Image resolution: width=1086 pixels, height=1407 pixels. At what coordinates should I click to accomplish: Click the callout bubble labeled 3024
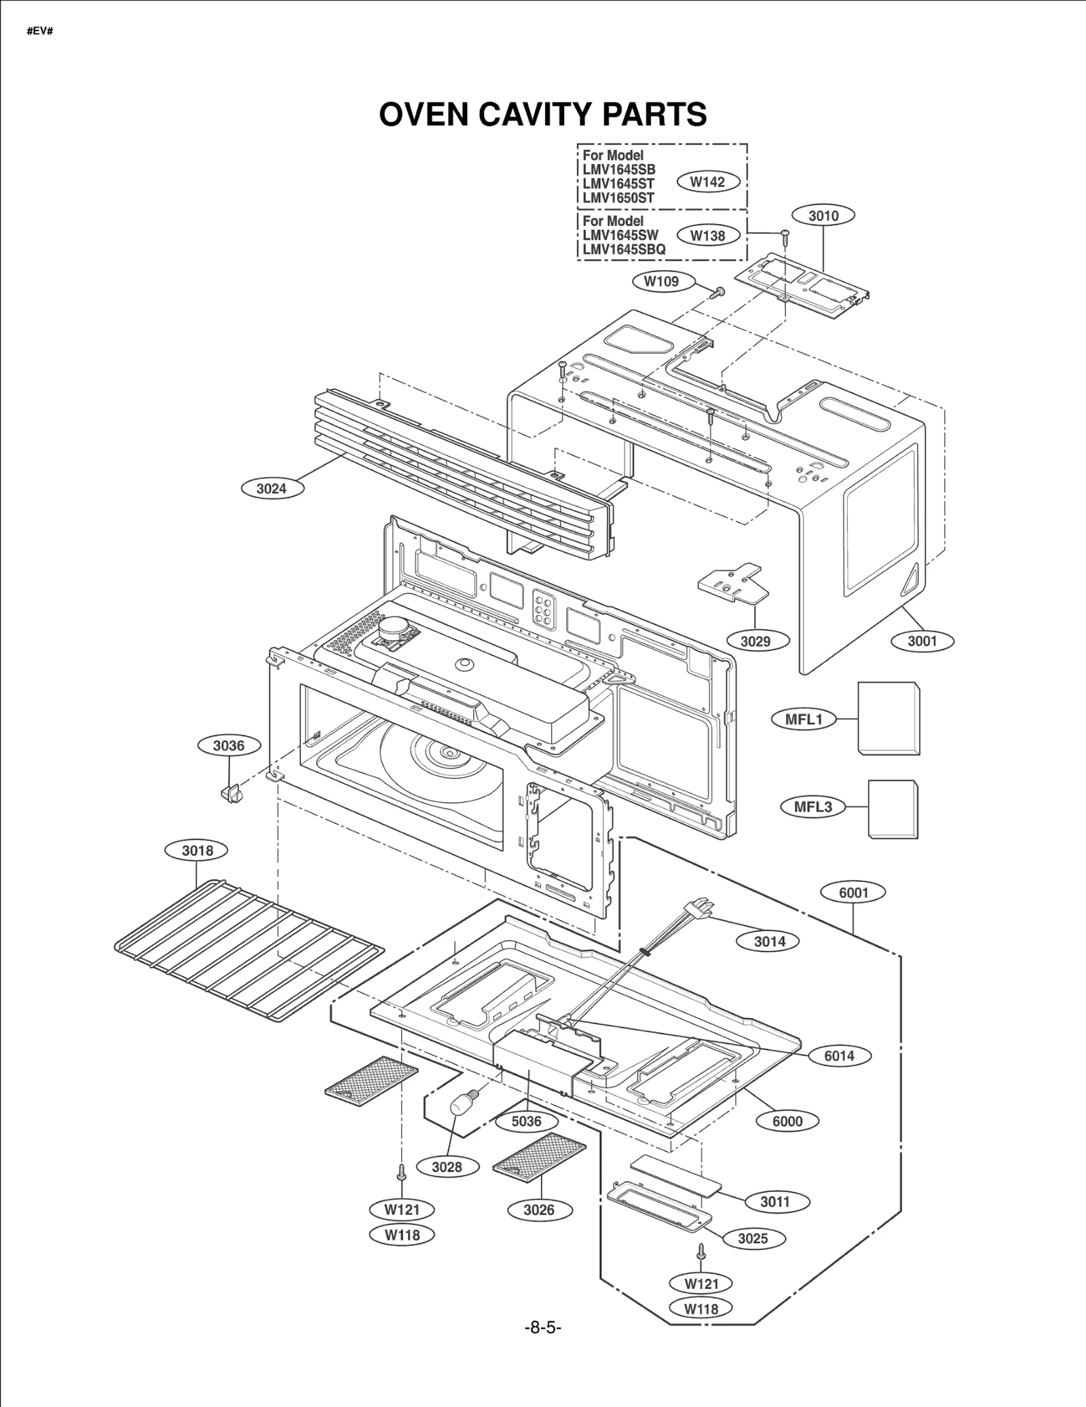(x=272, y=488)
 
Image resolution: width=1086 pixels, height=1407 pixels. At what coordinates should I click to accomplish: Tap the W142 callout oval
(x=708, y=182)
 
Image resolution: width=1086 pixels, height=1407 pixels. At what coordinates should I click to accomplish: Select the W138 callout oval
(x=708, y=236)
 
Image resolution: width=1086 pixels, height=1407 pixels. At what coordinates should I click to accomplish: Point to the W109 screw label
(x=661, y=281)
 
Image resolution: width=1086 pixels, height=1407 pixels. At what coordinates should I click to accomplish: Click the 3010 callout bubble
(x=823, y=216)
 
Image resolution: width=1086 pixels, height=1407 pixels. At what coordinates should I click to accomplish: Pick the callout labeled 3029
(x=755, y=641)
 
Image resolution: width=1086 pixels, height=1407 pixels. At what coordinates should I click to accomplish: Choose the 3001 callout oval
(x=922, y=641)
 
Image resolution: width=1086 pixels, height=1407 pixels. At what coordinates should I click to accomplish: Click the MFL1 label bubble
(x=804, y=719)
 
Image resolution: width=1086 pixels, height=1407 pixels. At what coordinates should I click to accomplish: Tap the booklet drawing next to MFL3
(x=893, y=808)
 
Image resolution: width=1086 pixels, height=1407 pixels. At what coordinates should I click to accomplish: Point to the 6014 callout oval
(x=839, y=1055)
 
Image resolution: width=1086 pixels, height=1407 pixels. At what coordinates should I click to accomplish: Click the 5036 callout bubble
(x=527, y=1121)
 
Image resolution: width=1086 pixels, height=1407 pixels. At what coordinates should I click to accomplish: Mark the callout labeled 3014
(x=770, y=941)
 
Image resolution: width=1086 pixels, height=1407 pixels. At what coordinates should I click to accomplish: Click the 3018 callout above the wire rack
(x=198, y=850)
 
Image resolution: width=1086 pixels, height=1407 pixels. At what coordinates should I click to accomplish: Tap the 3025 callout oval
(x=753, y=1238)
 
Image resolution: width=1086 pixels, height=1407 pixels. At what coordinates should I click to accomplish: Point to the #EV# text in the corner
(x=40, y=31)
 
